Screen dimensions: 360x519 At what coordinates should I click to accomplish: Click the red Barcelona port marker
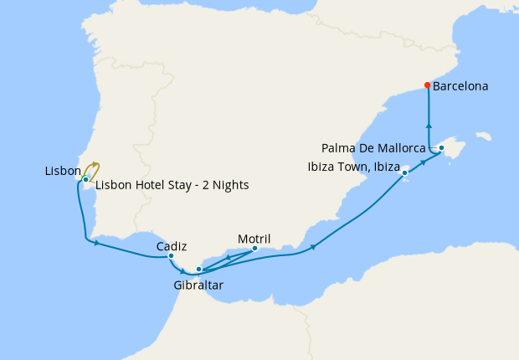(x=428, y=85)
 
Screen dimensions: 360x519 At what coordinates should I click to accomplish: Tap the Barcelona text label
(x=461, y=85)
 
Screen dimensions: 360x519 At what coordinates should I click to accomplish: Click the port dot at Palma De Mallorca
(x=442, y=148)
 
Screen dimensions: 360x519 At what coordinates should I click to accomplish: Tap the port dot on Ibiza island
(x=405, y=173)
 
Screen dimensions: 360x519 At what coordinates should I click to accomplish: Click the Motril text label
(x=254, y=238)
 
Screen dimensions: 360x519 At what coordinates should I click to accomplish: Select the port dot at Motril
(x=254, y=248)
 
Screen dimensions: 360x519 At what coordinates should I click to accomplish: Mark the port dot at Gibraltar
(x=198, y=270)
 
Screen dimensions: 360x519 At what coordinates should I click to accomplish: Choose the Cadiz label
(x=171, y=246)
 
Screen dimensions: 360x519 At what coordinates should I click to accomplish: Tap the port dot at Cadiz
(x=171, y=256)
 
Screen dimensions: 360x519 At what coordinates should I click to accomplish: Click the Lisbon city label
(x=63, y=171)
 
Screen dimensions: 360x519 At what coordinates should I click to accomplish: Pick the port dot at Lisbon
(x=85, y=179)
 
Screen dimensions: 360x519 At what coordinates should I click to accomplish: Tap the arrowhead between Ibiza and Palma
(x=424, y=161)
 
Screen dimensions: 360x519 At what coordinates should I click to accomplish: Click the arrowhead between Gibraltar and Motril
(x=229, y=258)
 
